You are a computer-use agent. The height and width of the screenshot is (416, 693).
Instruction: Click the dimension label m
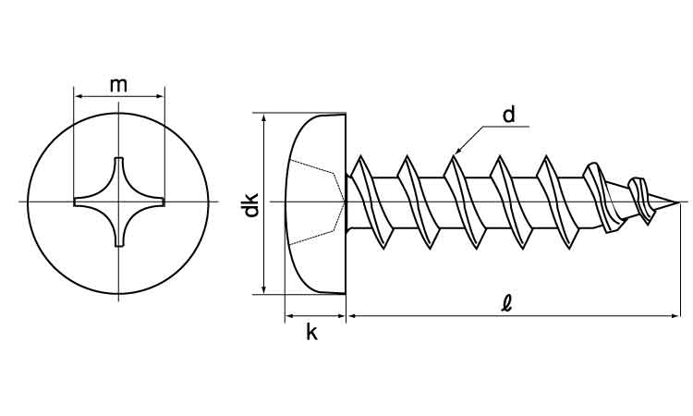118,85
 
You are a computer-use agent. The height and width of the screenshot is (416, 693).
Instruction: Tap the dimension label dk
249,206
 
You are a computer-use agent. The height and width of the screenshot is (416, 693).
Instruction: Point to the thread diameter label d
508,115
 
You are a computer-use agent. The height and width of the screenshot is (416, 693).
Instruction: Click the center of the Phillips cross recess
119,202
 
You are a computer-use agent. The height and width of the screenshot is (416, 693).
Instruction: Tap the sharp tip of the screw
682,202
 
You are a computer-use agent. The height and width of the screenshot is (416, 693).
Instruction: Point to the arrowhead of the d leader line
456,151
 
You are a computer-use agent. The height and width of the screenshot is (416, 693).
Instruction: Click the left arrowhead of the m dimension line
78,94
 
